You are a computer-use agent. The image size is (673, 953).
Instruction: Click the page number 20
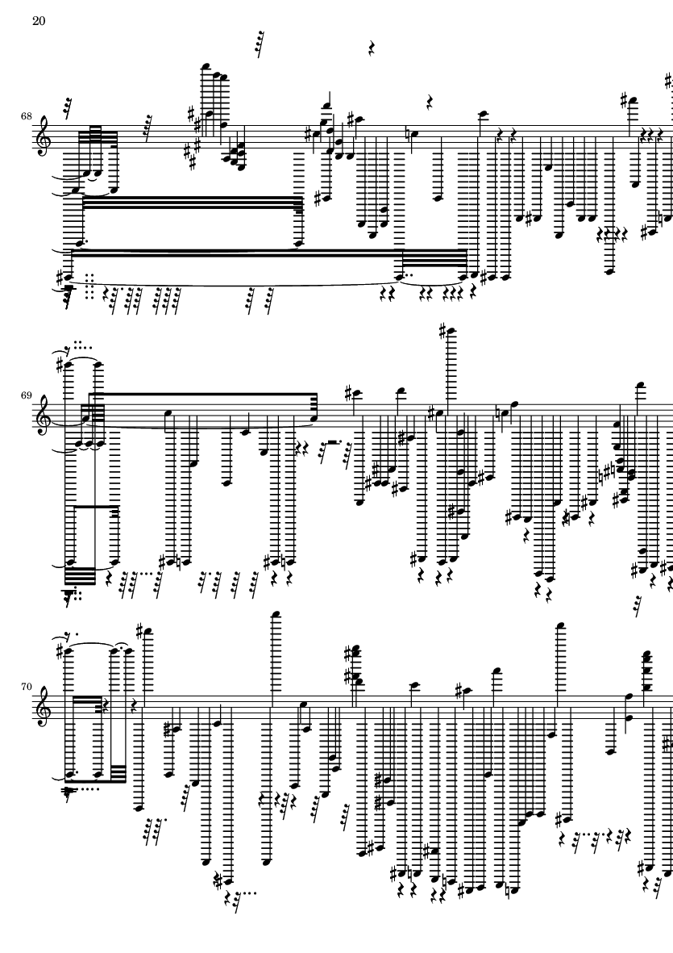pyautogui.click(x=39, y=21)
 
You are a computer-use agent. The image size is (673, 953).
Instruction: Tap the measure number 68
pyautogui.click(x=26, y=115)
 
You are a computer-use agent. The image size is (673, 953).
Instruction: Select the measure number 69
pyautogui.click(x=26, y=395)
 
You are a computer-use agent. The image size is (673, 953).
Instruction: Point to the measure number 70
pyautogui.click(x=26, y=687)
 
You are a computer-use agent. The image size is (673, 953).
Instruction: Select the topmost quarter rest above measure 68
pyautogui.click(x=372, y=48)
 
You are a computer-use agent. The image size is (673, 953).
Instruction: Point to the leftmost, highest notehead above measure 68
pyautogui.click(x=206, y=66)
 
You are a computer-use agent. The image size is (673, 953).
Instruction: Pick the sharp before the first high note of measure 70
pyautogui.click(x=140, y=632)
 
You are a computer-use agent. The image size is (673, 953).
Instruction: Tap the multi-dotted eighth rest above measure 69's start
pyautogui.click(x=78, y=349)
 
